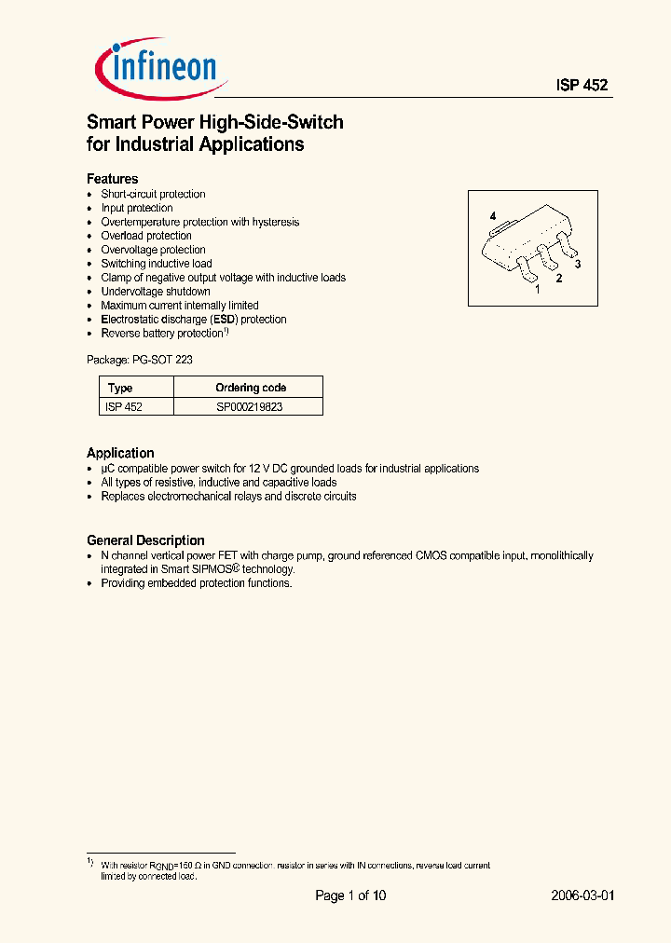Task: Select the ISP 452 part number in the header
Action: click(x=582, y=85)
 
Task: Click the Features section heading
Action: click(x=113, y=178)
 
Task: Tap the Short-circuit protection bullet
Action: click(x=153, y=194)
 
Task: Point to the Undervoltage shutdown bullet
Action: click(x=156, y=292)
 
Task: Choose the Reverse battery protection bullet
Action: click(x=164, y=333)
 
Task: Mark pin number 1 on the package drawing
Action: click(x=537, y=290)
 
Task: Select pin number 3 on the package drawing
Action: click(x=578, y=265)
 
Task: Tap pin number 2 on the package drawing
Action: click(x=558, y=278)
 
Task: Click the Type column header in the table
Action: click(x=120, y=388)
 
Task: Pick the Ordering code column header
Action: click(x=251, y=388)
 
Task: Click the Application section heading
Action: click(x=120, y=453)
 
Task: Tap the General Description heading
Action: click(x=145, y=540)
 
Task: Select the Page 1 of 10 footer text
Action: click(x=350, y=895)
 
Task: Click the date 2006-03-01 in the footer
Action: click(x=582, y=895)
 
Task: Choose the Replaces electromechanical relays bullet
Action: click(x=228, y=497)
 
